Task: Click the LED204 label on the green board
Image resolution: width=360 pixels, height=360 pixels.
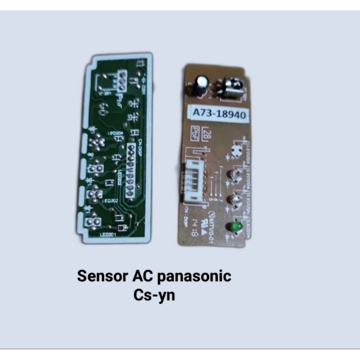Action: click(x=117, y=134)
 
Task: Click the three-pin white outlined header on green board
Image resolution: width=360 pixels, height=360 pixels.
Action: click(x=122, y=80)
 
